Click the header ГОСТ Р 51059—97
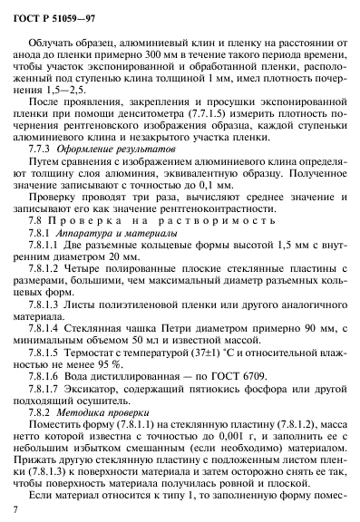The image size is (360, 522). pyautogui.click(x=56, y=17)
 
